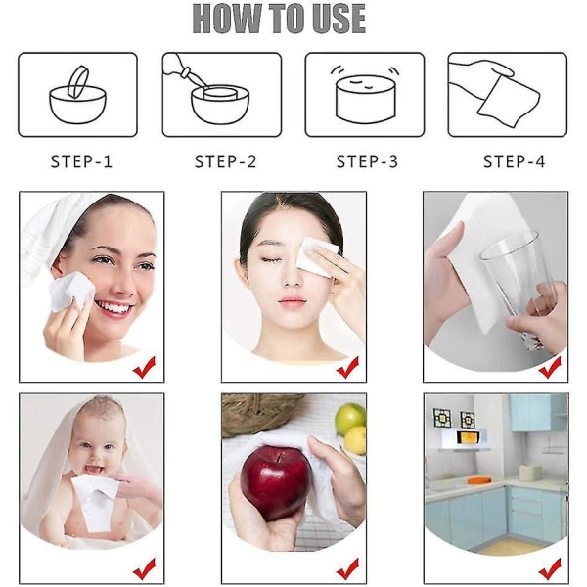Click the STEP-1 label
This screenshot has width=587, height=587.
(81, 161)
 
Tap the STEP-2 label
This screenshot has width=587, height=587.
(225, 161)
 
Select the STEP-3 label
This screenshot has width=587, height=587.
(367, 161)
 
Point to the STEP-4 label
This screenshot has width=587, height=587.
(514, 161)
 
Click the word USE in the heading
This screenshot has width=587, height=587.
(339, 19)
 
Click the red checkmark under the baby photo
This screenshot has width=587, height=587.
(145, 569)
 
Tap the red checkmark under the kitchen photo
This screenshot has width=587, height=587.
(550, 569)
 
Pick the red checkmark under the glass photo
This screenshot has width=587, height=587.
(550, 367)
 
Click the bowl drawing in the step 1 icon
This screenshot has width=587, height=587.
(78, 105)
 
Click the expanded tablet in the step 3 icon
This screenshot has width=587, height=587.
(365, 99)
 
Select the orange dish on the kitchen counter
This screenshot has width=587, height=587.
(478, 479)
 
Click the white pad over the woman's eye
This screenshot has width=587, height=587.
(316, 256)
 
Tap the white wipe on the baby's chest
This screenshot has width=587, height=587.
(97, 502)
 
